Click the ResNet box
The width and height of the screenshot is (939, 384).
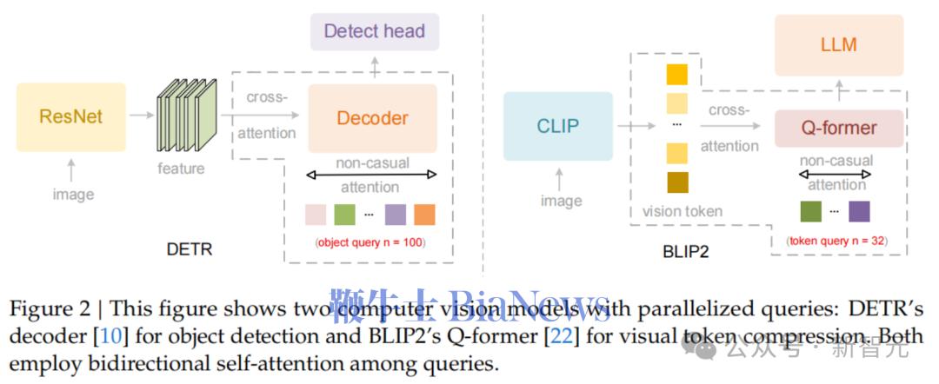tap(71, 116)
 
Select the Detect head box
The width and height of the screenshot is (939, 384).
tap(374, 31)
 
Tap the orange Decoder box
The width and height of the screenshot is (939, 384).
tap(372, 118)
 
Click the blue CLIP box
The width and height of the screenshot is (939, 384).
tap(557, 127)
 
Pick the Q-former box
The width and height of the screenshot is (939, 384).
tap(838, 129)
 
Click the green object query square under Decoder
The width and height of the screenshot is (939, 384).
tap(345, 215)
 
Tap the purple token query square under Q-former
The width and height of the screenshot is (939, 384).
tap(858, 211)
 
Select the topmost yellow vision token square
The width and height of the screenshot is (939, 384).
tap(677, 74)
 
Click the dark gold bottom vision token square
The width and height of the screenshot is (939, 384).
tap(677, 182)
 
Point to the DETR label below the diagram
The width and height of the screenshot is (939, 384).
tap(190, 249)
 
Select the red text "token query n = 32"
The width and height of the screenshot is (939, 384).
tap(836, 241)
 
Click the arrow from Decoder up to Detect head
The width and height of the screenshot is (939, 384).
tap(374, 66)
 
